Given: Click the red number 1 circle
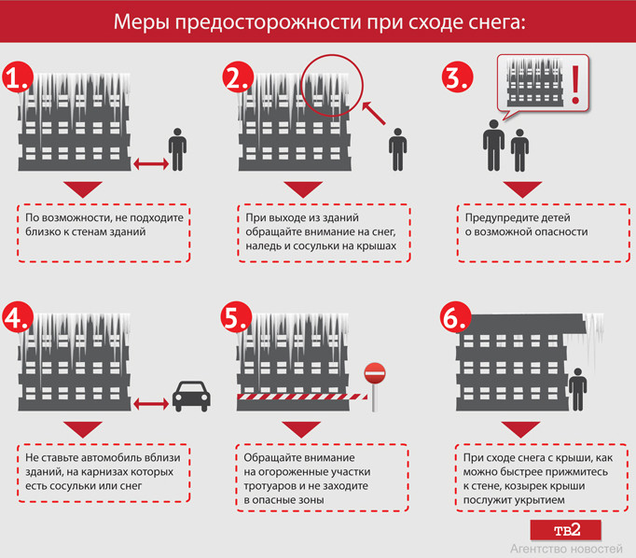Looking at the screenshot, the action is click(x=18, y=77).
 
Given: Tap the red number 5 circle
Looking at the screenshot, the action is click(x=236, y=317).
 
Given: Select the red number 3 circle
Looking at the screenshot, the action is click(x=457, y=77).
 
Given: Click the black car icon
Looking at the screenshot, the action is click(x=191, y=396).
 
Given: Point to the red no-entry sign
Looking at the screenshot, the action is click(x=375, y=373).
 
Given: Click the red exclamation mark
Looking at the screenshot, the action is click(x=575, y=84).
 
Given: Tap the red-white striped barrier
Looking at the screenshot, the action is click(x=302, y=397).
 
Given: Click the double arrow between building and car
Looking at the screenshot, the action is click(x=151, y=404).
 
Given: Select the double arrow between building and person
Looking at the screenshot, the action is click(x=151, y=164).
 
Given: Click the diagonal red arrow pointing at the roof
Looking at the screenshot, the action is click(x=374, y=113).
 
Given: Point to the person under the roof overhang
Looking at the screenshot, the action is click(x=577, y=390).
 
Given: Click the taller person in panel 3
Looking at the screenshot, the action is click(x=493, y=145).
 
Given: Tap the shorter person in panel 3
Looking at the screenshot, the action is click(x=519, y=150).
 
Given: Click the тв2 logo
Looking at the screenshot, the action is click(x=566, y=530).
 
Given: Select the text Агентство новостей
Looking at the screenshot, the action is click(x=566, y=549).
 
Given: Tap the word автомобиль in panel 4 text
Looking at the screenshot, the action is click(x=109, y=458).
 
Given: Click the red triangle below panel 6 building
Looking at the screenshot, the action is click(x=520, y=428).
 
